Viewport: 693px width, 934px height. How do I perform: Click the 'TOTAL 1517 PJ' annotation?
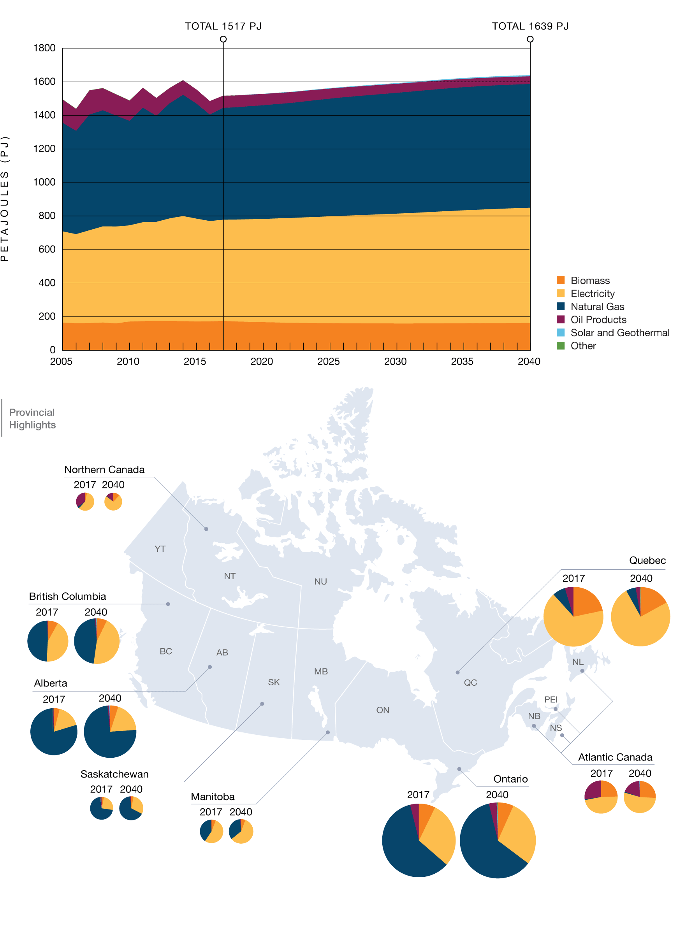coord(223,26)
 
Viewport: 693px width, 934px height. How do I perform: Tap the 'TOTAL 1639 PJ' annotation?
coord(530,26)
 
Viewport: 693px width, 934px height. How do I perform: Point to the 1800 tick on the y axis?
coord(44,48)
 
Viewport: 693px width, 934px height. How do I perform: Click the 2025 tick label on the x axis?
coord(328,362)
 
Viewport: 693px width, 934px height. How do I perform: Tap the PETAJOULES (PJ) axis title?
coord(5,199)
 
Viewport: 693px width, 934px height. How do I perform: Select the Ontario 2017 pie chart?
coord(418,840)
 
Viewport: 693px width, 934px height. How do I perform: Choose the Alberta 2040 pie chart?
coord(110,732)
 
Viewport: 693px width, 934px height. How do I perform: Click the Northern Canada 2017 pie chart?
coord(85,501)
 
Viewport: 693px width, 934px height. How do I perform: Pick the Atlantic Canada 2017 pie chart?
coord(601,797)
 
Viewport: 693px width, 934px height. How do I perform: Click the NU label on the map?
coord(320,581)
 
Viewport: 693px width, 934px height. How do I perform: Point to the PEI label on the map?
coord(551,699)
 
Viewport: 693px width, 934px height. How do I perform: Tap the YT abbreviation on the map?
coord(160,549)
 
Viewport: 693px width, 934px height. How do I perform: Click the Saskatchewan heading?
coord(114,774)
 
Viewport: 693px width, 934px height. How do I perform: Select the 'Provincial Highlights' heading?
coord(32,418)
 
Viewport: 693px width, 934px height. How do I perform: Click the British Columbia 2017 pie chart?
coord(47,641)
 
